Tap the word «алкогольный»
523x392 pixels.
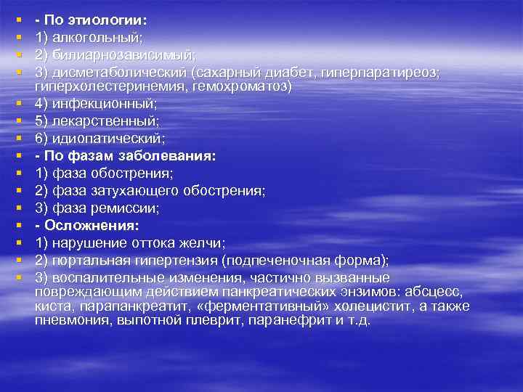pos(89,36)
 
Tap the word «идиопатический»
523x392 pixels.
pos(107,137)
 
